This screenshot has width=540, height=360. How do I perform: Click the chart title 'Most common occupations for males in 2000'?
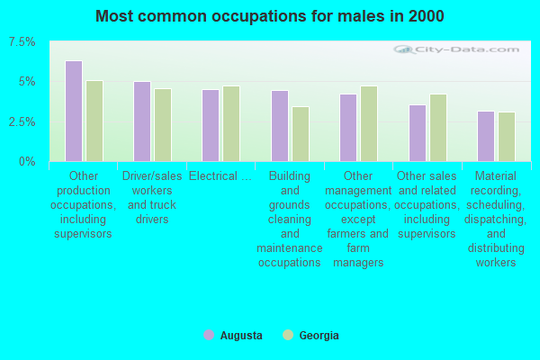coord(270,16)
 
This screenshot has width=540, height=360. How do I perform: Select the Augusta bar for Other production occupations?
coord(74,111)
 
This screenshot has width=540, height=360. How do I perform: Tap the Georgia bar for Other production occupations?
coord(94,121)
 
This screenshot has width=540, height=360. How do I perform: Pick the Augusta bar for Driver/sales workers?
coord(142,121)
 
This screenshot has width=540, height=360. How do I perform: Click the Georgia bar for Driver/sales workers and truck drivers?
coord(163,125)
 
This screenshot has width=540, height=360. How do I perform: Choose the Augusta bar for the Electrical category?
coord(211,125)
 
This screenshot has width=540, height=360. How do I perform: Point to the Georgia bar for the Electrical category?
coord(231,123)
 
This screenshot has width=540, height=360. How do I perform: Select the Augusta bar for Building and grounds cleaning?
coord(280,126)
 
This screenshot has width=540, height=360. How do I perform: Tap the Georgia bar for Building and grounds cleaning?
coord(301,134)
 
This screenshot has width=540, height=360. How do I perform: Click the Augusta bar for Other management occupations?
coord(348,128)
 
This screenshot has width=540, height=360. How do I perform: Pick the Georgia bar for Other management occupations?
coord(369,123)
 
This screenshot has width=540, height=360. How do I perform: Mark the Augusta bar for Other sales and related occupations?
coord(418,133)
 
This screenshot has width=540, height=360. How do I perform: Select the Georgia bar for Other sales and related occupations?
coord(438,128)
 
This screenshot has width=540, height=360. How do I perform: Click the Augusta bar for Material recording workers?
coord(486,136)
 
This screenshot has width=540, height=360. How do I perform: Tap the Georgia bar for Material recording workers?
coord(507,137)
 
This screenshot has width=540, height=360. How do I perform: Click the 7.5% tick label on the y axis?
coord(22,42)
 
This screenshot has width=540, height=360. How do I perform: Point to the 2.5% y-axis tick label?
coord(22,121)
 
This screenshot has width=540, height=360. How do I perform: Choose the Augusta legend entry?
coord(233,336)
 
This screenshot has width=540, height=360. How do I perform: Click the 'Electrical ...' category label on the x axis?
coord(220,176)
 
